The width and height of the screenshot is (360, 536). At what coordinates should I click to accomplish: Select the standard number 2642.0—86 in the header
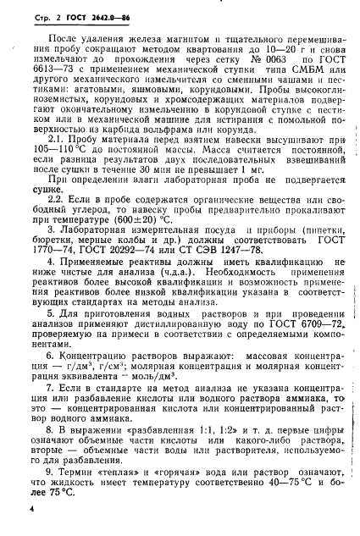pos(105,15)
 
